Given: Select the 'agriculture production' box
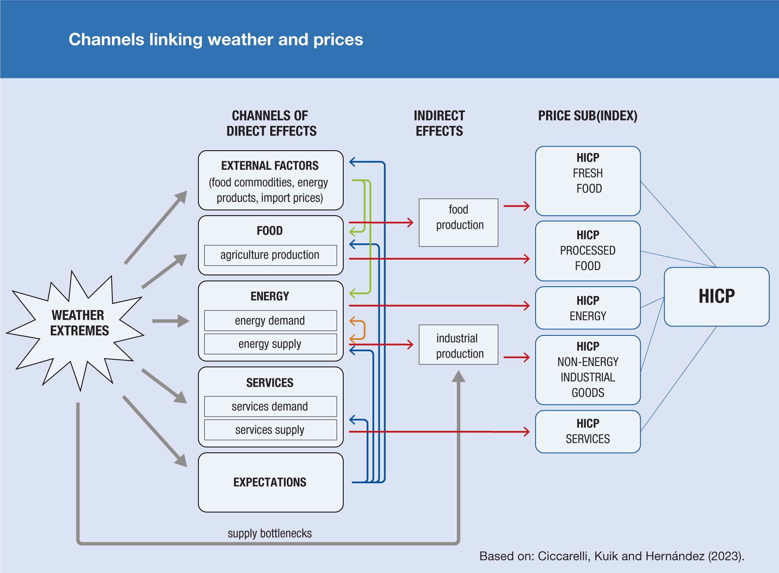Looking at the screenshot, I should (270, 255).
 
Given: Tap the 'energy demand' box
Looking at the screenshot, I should (270, 321).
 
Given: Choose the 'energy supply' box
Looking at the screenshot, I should (270, 344).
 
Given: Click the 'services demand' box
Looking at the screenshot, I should (270, 407).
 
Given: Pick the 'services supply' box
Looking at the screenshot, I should (270, 430).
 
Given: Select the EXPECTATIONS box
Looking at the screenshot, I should (270, 482).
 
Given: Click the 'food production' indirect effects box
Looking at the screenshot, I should (458, 222).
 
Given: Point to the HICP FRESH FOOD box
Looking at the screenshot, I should (587, 181).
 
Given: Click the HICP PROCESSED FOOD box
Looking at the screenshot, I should (587, 251).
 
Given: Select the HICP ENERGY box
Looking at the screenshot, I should (587, 308).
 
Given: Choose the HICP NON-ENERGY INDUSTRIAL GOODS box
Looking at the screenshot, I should (587, 370).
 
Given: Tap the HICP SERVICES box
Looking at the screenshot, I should (587, 431).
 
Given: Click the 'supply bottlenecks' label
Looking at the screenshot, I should (270, 533).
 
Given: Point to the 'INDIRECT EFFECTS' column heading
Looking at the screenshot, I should (439, 123).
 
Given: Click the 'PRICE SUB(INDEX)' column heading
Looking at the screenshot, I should (587, 116).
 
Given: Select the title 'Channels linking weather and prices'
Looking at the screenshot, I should (215, 39).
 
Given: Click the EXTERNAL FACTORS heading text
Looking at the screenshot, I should (270, 166).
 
